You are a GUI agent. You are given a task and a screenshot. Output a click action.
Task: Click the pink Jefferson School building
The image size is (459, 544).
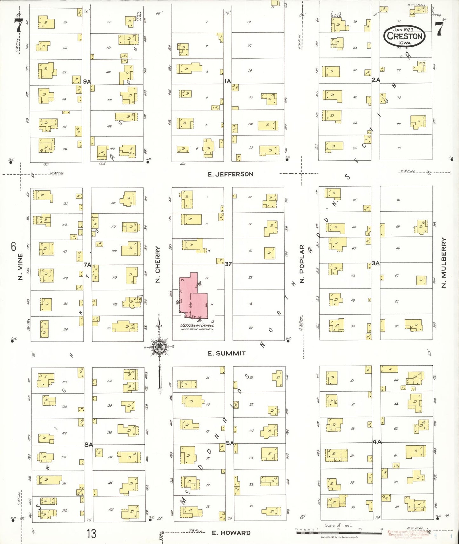194,297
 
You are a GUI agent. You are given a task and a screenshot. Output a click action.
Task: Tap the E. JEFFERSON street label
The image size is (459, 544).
230,174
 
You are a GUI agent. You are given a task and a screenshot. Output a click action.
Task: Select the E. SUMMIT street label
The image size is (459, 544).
226,353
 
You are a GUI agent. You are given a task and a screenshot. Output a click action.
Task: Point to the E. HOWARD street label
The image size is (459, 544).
231,533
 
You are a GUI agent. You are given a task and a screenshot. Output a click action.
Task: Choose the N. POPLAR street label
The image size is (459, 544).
302,264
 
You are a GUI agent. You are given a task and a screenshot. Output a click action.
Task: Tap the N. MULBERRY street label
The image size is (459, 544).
444,262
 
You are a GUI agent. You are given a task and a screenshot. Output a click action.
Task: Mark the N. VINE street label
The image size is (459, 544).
20,267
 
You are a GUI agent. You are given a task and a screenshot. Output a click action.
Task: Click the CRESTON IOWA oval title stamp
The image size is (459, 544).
404,36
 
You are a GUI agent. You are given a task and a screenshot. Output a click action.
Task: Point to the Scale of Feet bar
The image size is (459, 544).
339,532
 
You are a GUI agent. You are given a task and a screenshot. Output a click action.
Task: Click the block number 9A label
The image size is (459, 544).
87,82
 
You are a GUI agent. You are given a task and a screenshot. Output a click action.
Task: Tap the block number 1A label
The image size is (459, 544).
227,81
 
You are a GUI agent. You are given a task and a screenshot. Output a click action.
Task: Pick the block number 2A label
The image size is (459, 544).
376,80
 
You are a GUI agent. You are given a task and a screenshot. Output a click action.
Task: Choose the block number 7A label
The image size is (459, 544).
87,264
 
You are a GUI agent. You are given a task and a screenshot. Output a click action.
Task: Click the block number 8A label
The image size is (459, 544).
88,445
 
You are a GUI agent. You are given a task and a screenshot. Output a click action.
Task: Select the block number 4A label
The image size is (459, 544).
377,442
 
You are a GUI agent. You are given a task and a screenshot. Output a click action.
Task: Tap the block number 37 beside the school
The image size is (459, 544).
228,264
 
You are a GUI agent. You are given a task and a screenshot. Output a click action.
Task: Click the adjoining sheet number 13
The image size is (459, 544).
91,534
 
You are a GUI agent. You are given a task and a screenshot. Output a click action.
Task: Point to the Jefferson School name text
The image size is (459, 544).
197,325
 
